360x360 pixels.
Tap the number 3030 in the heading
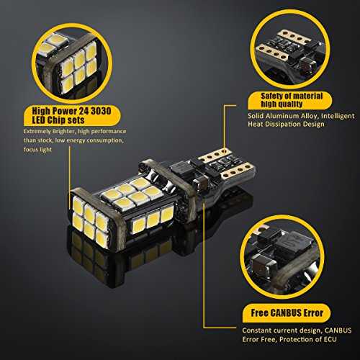[x=101, y=111]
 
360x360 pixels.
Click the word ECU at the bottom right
[x=330, y=339]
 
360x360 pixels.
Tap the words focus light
[x=37, y=149]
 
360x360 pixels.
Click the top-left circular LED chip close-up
[x=72, y=63]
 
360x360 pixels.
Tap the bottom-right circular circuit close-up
[x=282, y=257]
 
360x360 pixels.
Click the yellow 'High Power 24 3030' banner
[x=72, y=116]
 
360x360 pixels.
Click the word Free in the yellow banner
[x=260, y=313]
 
